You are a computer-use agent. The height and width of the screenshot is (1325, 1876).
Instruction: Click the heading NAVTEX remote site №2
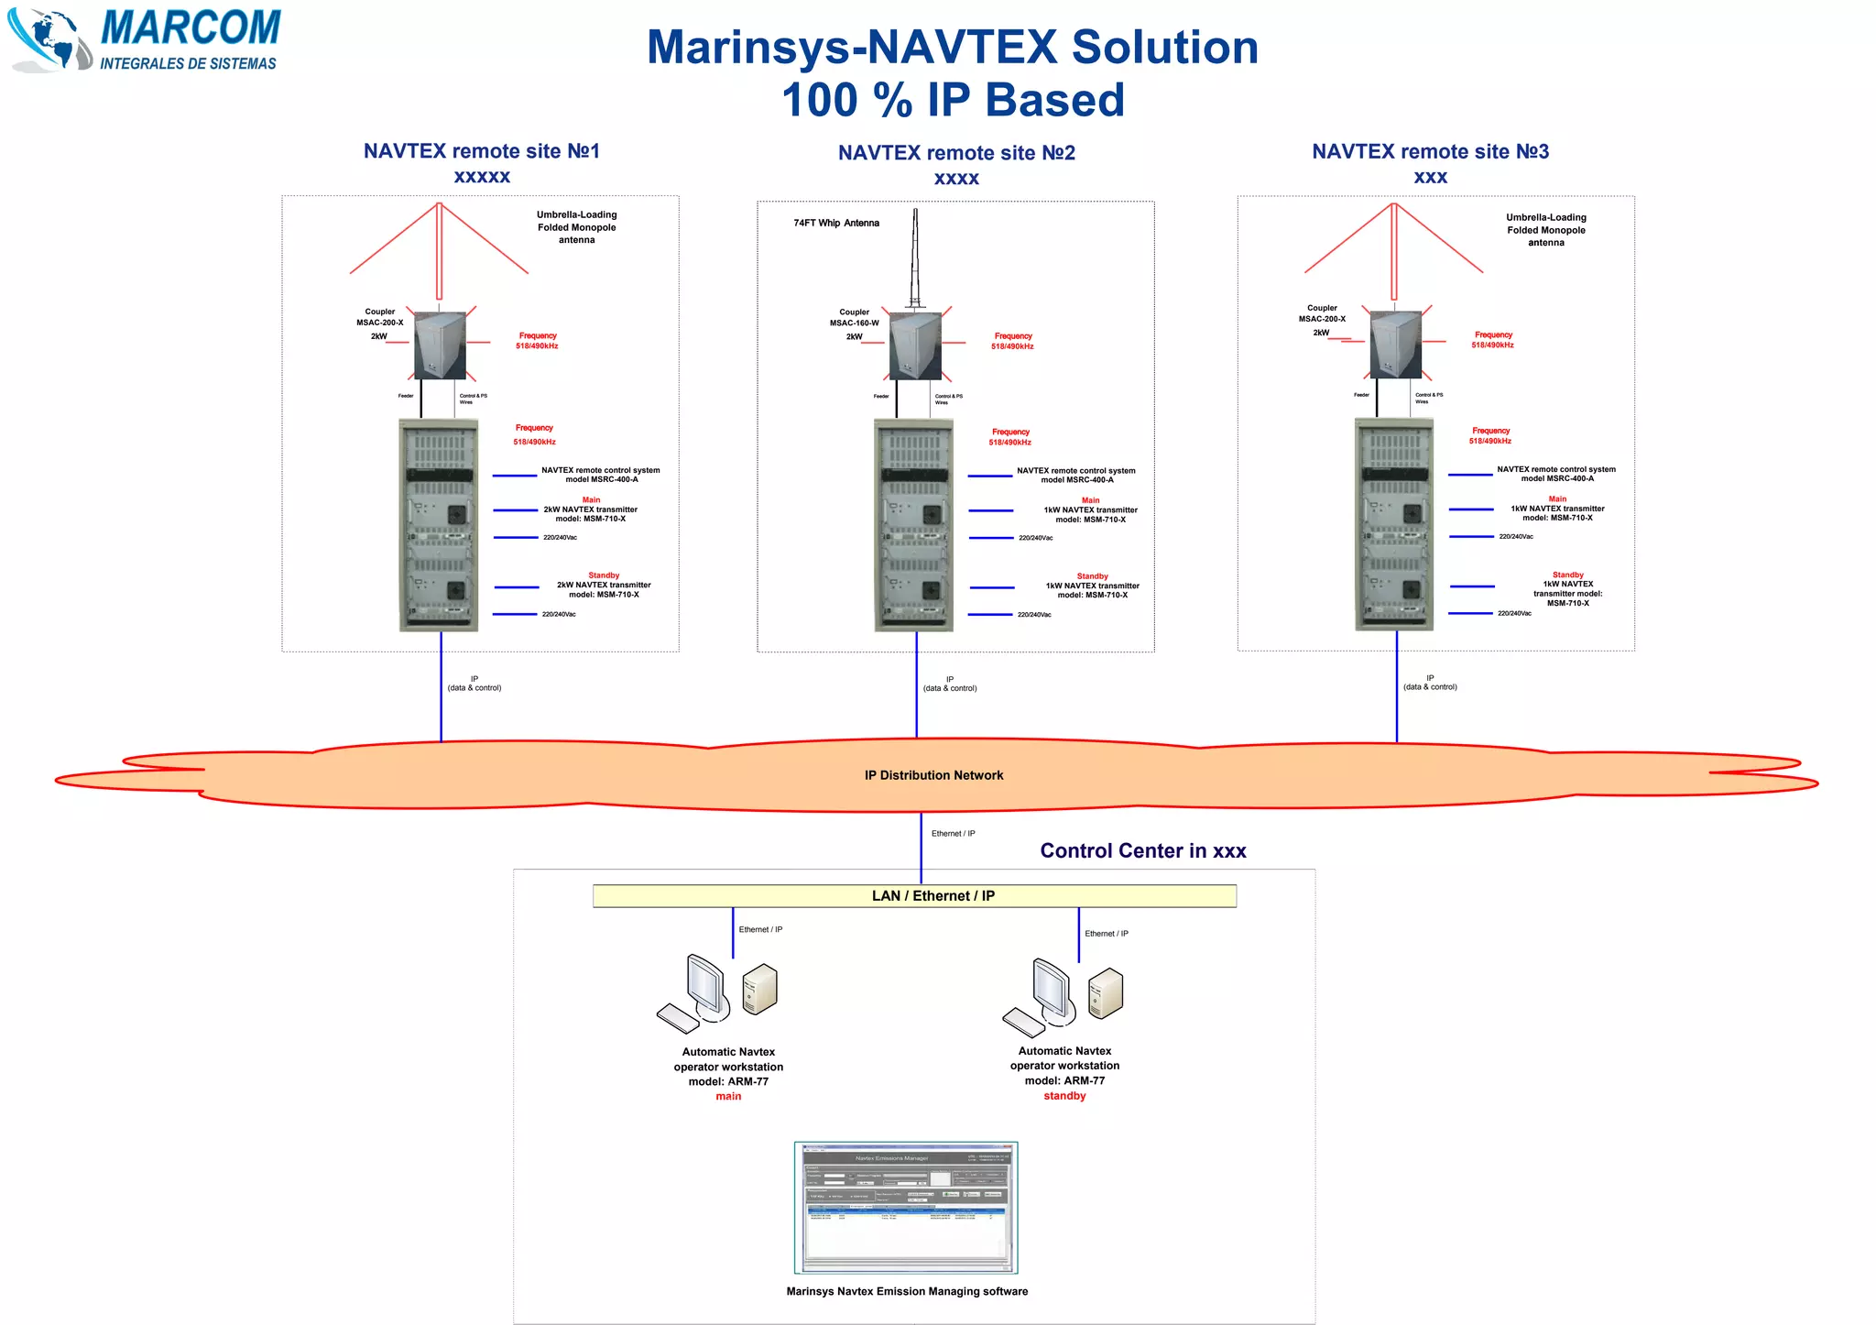pos(956,153)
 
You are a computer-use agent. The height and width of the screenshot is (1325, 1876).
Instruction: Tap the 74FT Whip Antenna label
pos(835,223)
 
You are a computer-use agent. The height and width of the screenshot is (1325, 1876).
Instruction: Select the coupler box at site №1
pos(440,345)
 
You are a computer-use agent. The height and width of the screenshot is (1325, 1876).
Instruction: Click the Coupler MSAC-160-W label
pos(854,318)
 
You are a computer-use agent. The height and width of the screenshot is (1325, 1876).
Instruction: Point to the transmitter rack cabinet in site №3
pos(1393,523)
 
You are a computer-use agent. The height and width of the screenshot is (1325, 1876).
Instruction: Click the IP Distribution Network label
pos(933,775)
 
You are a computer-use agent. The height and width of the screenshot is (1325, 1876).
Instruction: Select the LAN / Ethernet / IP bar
pos(914,896)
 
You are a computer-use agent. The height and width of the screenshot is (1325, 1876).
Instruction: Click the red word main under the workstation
pos(728,1097)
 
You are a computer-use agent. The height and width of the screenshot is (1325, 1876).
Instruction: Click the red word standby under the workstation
pos(1064,1096)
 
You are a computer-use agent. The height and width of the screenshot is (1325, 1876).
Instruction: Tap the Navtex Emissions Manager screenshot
pos(906,1207)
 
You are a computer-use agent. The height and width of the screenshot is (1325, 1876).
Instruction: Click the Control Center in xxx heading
pos(1142,851)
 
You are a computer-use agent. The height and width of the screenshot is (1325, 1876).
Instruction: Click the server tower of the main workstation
pos(759,990)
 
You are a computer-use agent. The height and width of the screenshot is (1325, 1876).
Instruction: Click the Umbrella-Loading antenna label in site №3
pos(1545,230)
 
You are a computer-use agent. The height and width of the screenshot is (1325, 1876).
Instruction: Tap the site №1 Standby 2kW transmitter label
pos(604,586)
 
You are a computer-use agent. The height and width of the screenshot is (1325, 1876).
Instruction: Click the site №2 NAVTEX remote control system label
pos(1076,475)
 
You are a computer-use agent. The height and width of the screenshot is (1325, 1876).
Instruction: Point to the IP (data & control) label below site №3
pos(1430,683)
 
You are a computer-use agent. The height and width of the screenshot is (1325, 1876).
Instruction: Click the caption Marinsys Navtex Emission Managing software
pos(907,1291)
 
